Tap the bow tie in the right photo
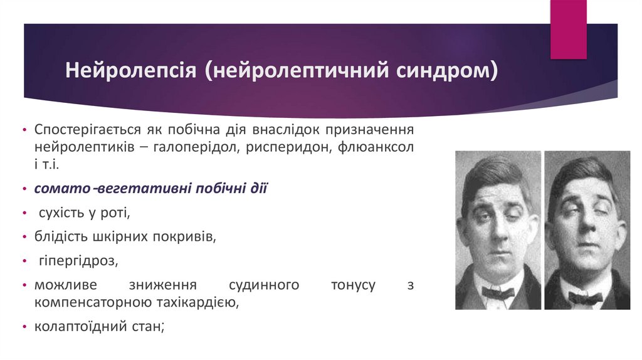[585, 298]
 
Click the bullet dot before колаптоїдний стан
[24, 327]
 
